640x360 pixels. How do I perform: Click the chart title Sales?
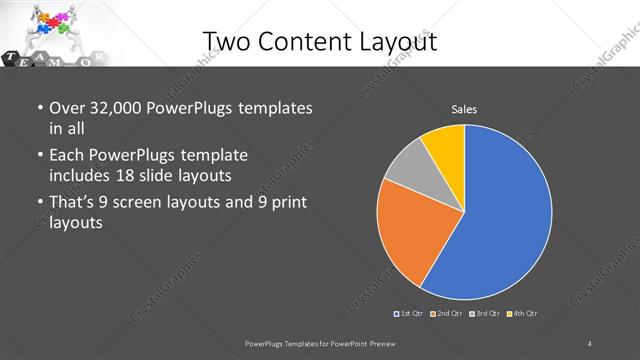click(x=463, y=108)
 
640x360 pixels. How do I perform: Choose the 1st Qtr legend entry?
click(x=408, y=314)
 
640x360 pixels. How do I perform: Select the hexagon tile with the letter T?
click(x=10, y=59)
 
